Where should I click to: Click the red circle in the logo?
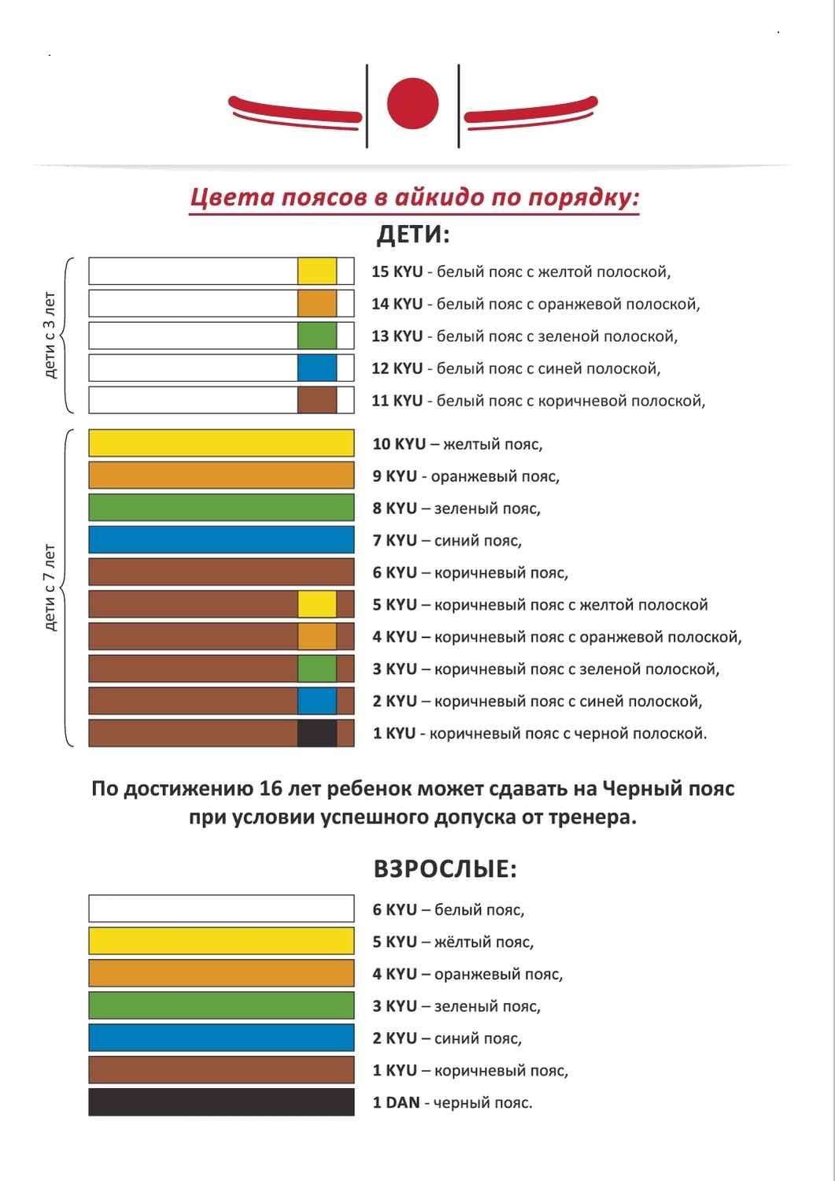[412, 103]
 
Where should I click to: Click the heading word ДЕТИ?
[412, 235]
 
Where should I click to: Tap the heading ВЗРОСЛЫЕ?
[445, 869]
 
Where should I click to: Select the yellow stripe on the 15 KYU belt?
[317, 272]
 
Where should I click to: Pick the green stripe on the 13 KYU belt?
[317, 336]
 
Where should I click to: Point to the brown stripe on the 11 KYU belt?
[317, 400]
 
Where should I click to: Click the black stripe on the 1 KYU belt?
[317, 733]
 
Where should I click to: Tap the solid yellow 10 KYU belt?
[221, 442]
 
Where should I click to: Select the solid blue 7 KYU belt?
[221, 539]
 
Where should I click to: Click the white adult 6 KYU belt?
[221, 909]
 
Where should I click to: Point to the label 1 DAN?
[397, 1102]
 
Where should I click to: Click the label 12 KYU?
[397, 368]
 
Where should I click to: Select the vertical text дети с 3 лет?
[50, 335]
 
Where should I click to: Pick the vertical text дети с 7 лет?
[50, 587]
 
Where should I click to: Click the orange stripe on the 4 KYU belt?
[317, 636]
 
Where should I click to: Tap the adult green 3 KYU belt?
[221, 1005]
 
